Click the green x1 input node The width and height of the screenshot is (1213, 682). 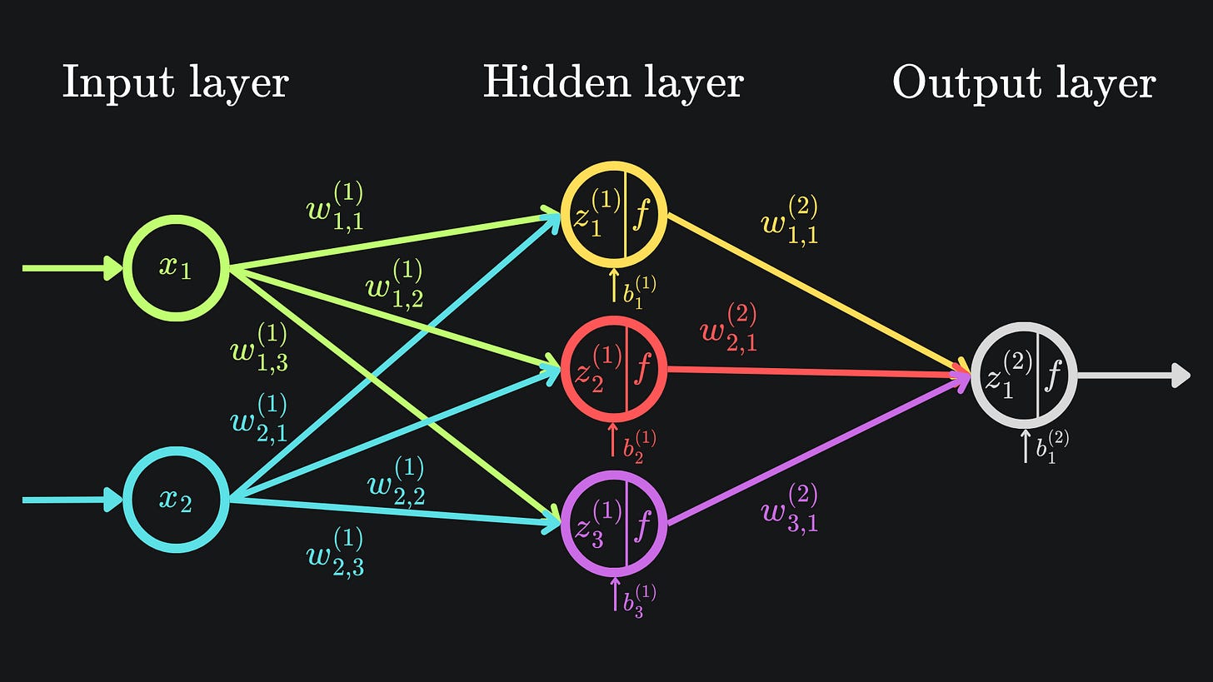coord(176,268)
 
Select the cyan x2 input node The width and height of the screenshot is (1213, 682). coord(176,500)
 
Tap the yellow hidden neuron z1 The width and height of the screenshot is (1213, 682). coord(614,214)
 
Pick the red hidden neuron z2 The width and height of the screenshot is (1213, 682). coord(614,369)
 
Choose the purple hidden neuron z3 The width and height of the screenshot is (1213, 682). coord(614,524)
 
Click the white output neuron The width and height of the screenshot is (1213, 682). coord(1024,376)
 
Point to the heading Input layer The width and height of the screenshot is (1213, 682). coord(175,83)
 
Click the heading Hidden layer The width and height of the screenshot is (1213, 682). coord(613,83)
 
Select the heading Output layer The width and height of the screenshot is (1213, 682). coord(1024,83)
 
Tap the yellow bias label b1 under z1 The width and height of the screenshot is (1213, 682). coord(639,292)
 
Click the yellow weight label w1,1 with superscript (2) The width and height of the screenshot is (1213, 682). coord(789,221)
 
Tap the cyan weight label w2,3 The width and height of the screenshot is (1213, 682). coord(335,552)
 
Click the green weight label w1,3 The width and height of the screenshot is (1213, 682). coord(259,347)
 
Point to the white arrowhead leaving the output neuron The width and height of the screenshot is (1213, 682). coord(1181,376)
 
